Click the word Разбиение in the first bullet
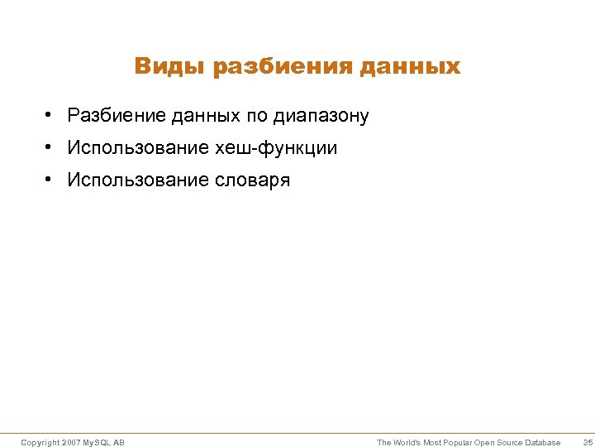[117, 115]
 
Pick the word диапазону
[324, 116]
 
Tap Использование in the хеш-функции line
[139, 147]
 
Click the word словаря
[253, 180]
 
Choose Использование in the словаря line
[139, 180]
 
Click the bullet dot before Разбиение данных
[50, 115]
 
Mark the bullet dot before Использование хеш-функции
[50, 147]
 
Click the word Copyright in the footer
[40, 443]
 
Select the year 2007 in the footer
[72, 443]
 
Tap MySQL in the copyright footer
[98, 443]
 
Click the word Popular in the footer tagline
[455, 443]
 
